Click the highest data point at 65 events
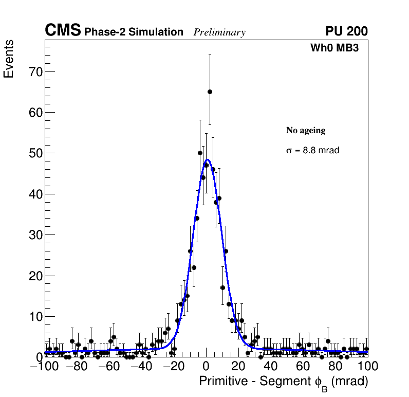[210, 92]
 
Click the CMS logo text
[63, 31]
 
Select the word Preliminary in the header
[219, 32]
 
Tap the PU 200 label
[346, 32]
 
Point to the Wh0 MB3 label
[334, 48]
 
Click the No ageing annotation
[306, 131]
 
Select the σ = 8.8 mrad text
[312, 151]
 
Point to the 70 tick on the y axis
[34, 71]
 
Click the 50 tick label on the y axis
[34, 153]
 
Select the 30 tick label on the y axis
[34, 235]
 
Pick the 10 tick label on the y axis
[34, 317]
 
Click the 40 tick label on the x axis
[271, 367]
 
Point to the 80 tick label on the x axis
[336, 367]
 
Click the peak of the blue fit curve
[207, 160]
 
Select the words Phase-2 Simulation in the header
[134, 32]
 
